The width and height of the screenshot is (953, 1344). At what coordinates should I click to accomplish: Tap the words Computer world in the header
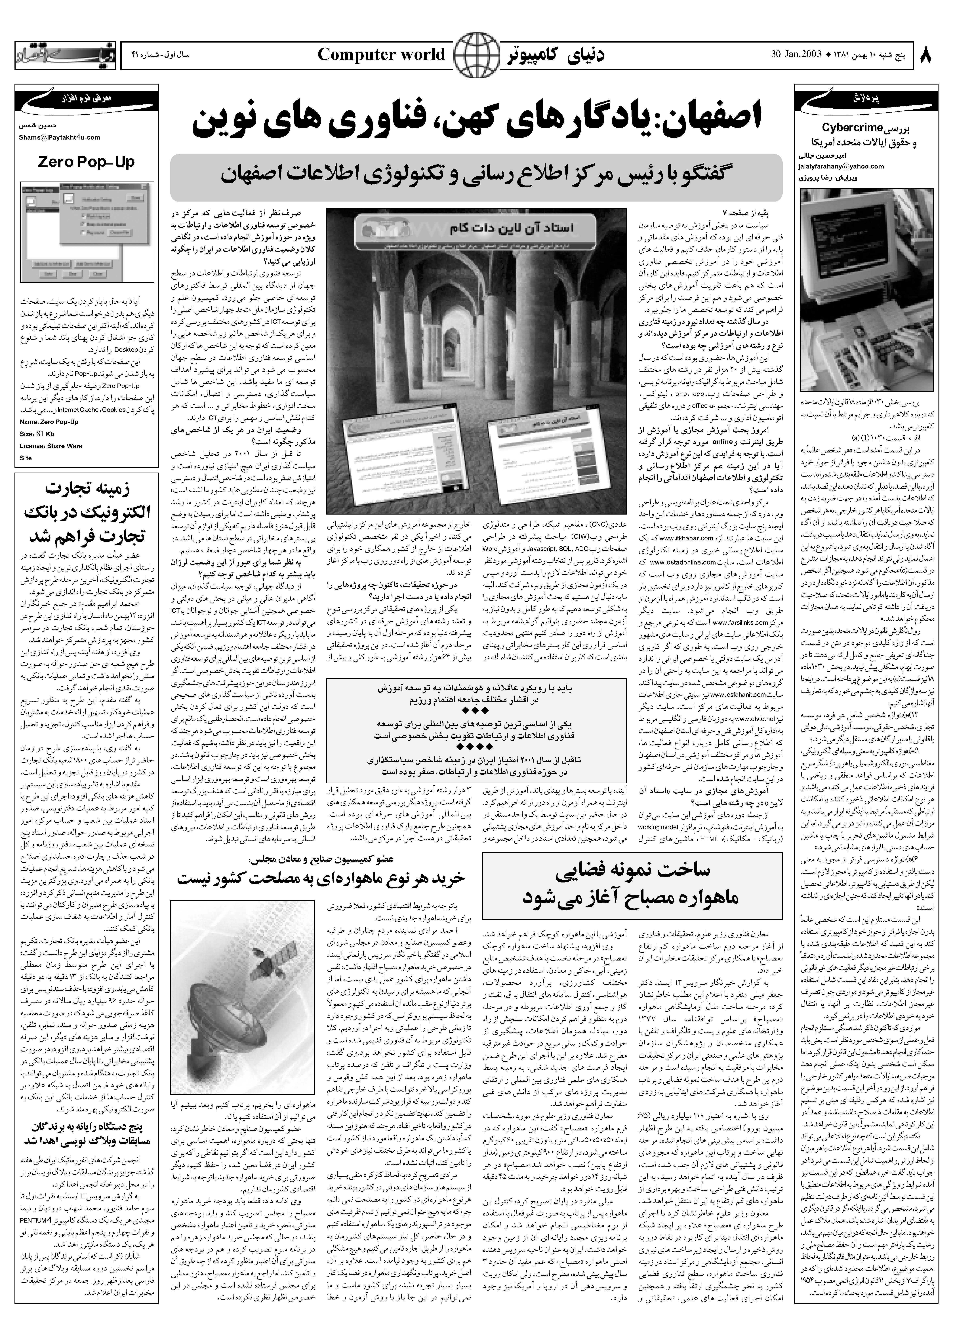click(381, 55)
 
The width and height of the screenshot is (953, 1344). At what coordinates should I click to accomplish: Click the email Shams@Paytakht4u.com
click(59, 137)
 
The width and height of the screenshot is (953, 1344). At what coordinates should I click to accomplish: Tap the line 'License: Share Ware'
click(51, 446)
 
